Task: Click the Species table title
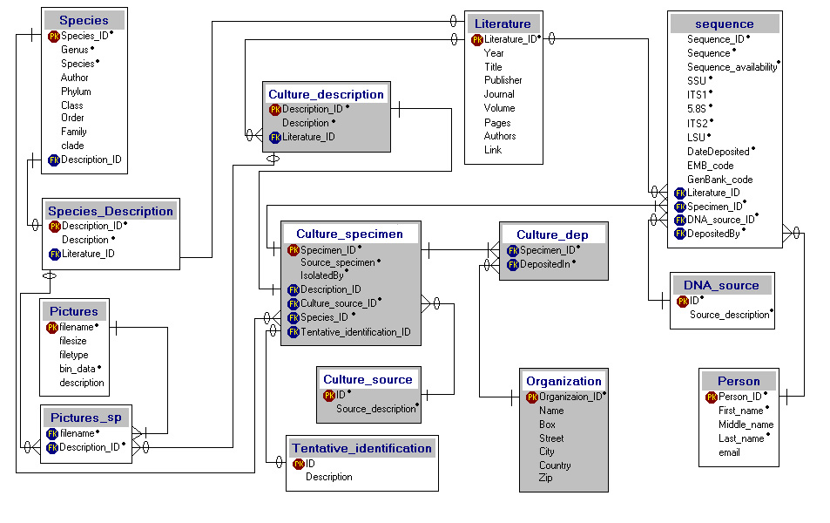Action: pos(84,20)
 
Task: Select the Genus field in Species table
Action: pos(75,50)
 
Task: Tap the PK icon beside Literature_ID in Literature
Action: pos(477,40)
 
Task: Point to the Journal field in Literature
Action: pos(499,94)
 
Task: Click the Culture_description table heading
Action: pos(326,94)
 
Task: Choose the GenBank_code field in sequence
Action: pos(720,180)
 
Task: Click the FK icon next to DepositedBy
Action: pos(680,234)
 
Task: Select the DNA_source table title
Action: pos(721,286)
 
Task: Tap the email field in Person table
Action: pos(730,452)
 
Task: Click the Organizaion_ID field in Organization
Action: pos(570,397)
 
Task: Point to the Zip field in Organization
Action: pos(546,478)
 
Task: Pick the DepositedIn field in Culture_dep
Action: pos(544,264)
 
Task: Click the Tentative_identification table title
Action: pos(362,448)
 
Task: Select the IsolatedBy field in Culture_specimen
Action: pos(322,275)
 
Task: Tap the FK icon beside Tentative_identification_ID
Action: pos(294,332)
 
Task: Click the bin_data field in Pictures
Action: pos(78,369)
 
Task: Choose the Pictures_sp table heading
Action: pos(86,418)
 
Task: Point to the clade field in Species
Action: pos(72,146)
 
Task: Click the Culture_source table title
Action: pos(368,379)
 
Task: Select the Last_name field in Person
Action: pos(742,438)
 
